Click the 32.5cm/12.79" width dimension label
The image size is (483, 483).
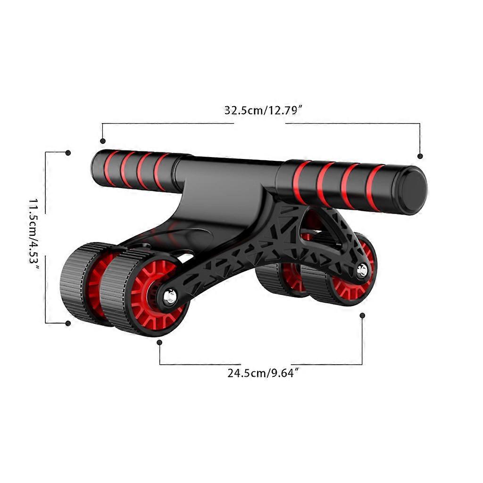pyautogui.click(x=264, y=110)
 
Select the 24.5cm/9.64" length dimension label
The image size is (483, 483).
pyautogui.click(x=263, y=373)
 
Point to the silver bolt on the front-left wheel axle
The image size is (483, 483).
pyautogui.click(x=170, y=297)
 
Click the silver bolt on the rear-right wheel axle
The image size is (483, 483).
pyautogui.click(x=362, y=270)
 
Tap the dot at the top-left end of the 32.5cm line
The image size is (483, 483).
pyautogui.click(x=103, y=141)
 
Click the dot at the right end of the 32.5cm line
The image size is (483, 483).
pyautogui.click(x=420, y=156)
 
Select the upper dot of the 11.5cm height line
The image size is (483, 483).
pyautogui.click(x=68, y=153)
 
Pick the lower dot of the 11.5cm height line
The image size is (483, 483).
pyautogui.click(x=68, y=323)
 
